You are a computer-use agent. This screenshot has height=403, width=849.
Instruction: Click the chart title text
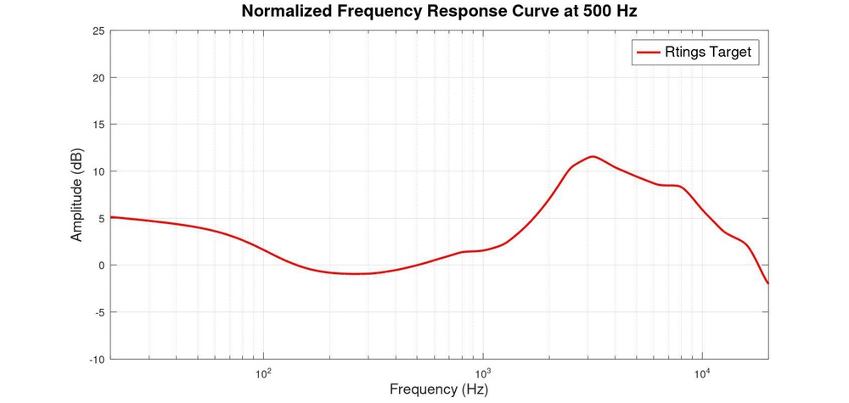click(x=439, y=12)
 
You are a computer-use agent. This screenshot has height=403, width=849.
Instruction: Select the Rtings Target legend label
click(x=709, y=52)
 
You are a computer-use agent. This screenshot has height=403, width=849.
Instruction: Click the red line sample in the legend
click(x=649, y=52)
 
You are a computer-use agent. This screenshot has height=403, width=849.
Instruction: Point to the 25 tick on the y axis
click(x=98, y=31)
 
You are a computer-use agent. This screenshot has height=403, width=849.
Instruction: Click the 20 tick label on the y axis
click(x=98, y=78)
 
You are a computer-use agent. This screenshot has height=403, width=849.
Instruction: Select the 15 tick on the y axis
click(x=98, y=125)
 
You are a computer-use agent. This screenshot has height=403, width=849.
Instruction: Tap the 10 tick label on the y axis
click(x=98, y=171)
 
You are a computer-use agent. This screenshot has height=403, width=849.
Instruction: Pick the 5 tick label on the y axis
click(x=101, y=218)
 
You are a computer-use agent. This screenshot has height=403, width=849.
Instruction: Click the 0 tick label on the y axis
click(x=101, y=266)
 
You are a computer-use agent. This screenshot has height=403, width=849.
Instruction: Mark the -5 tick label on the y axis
click(x=99, y=312)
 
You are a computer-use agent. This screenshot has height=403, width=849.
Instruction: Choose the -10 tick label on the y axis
click(x=97, y=359)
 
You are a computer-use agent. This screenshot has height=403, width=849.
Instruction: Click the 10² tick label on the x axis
click(x=263, y=372)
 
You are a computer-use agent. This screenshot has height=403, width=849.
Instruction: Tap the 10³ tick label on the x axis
click(x=483, y=372)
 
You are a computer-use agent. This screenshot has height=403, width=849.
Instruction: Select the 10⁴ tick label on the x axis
click(x=702, y=372)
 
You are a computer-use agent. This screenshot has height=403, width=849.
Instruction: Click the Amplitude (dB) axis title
click(x=77, y=195)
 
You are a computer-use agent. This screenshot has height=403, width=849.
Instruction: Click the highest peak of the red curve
click(x=593, y=156)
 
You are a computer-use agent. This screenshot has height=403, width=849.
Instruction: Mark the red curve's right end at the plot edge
click(x=767, y=283)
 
